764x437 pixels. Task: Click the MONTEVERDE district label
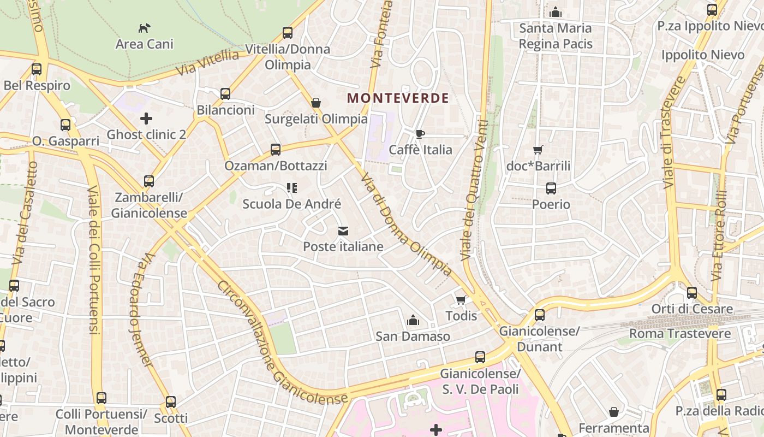click(398, 98)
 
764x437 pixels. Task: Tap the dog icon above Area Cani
click(144, 28)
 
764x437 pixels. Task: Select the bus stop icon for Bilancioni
click(225, 94)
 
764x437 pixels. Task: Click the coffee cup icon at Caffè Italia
click(420, 134)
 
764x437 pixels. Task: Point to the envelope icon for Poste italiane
click(343, 231)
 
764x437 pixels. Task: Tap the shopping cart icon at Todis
click(461, 300)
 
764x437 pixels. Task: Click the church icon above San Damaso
click(413, 320)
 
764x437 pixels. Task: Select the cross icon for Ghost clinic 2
click(146, 118)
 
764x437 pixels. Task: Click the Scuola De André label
click(291, 204)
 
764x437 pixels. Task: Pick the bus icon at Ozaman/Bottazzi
click(276, 149)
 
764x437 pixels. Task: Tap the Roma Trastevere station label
click(680, 333)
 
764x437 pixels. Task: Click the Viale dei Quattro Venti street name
click(474, 190)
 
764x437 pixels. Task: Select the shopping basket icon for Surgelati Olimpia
click(315, 103)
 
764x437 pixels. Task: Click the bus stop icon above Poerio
click(551, 188)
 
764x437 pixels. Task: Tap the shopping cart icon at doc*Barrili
click(538, 150)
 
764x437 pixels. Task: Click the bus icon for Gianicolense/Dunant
click(540, 315)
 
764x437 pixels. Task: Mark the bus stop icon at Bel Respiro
click(37, 69)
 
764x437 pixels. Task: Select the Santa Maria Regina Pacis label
click(556, 36)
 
